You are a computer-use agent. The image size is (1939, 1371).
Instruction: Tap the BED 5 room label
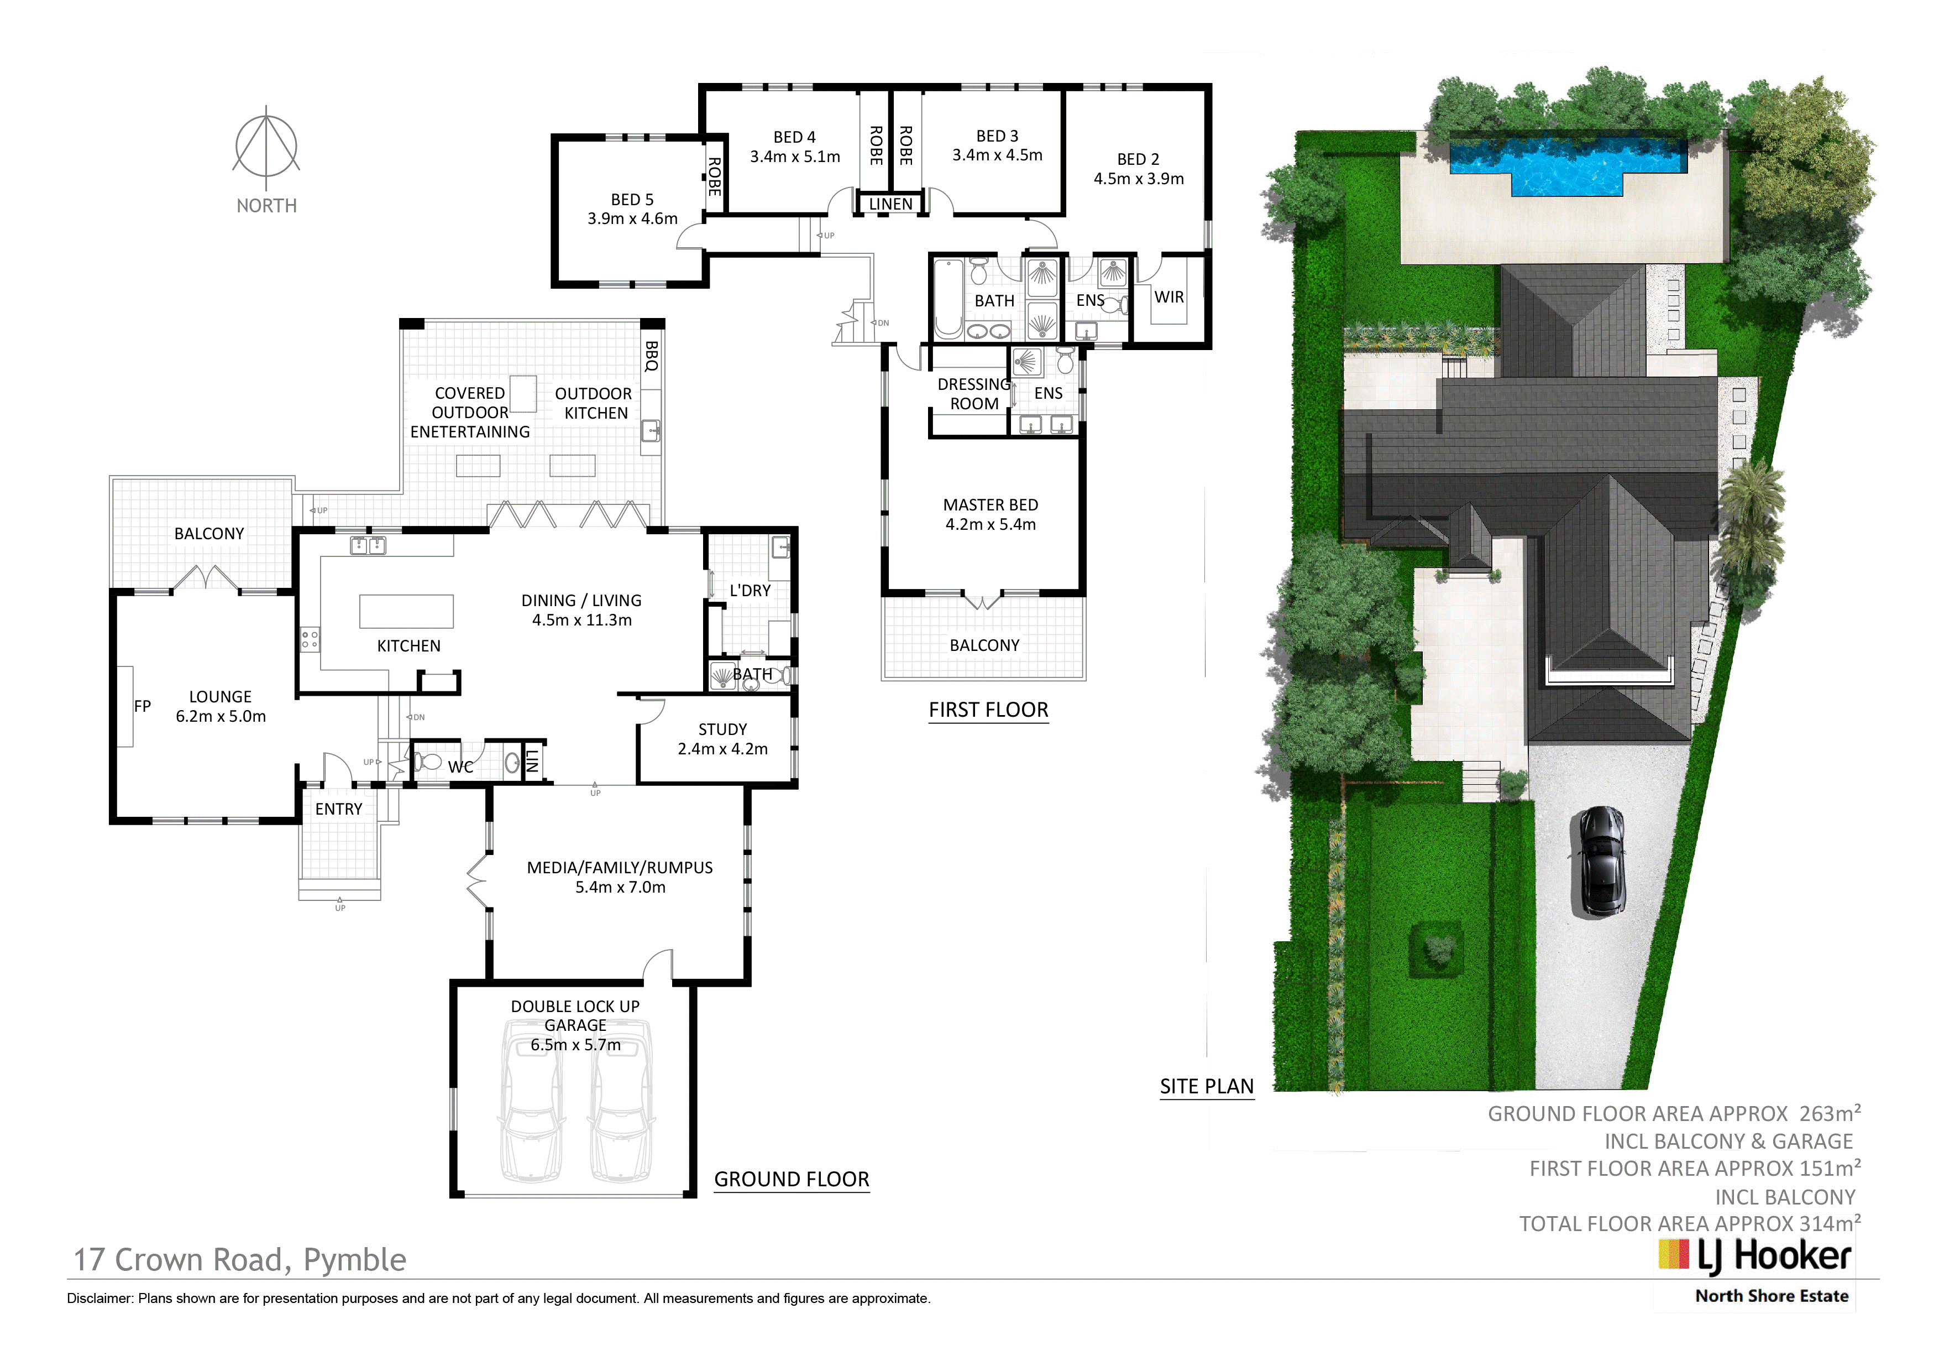(x=632, y=199)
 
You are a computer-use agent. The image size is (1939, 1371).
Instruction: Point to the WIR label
(x=1169, y=298)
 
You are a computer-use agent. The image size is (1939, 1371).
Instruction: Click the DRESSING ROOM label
(x=974, y=394)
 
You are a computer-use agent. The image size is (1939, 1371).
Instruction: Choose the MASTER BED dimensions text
(x=991, y=525)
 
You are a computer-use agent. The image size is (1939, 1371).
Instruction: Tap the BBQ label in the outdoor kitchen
(x=651, y=357)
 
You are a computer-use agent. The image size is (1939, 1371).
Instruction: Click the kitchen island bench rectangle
(x=406, y=612)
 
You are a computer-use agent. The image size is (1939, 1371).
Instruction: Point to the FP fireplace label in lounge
(x=142, y=706)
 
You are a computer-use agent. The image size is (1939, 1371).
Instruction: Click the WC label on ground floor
(x=460, y=767)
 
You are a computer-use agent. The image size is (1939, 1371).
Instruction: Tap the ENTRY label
(x=339, y=809)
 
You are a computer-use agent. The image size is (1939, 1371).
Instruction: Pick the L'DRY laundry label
(x=750, y=591)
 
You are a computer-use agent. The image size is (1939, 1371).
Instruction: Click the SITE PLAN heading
(x=1207, y=1087)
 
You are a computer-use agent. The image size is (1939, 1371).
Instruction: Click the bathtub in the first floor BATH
(x=948, y=298)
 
